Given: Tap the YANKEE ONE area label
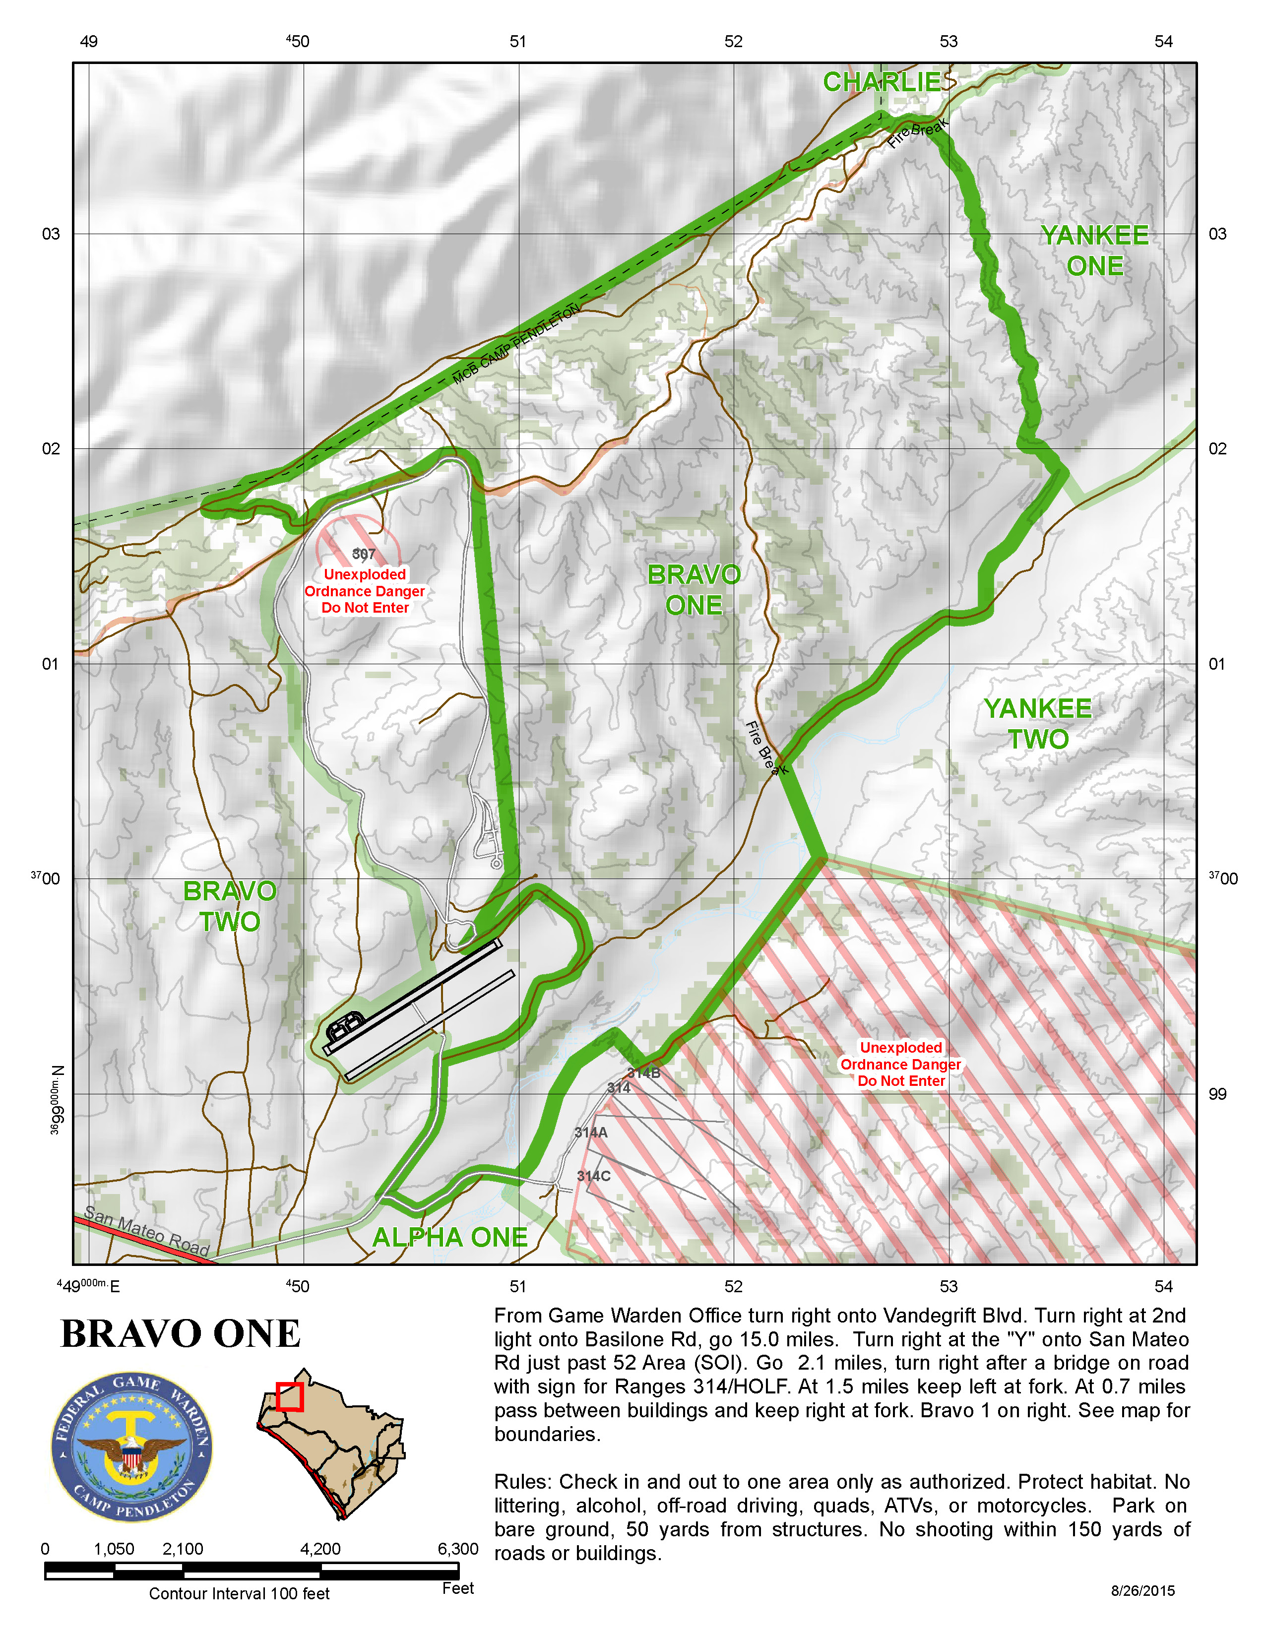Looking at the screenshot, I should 1094,251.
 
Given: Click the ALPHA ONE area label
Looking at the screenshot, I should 449,1238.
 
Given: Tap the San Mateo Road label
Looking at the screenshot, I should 146,1231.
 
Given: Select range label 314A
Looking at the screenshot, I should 590,1133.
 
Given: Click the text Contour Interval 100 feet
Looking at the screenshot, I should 239,1593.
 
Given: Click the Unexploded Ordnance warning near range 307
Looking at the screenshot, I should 365,591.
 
